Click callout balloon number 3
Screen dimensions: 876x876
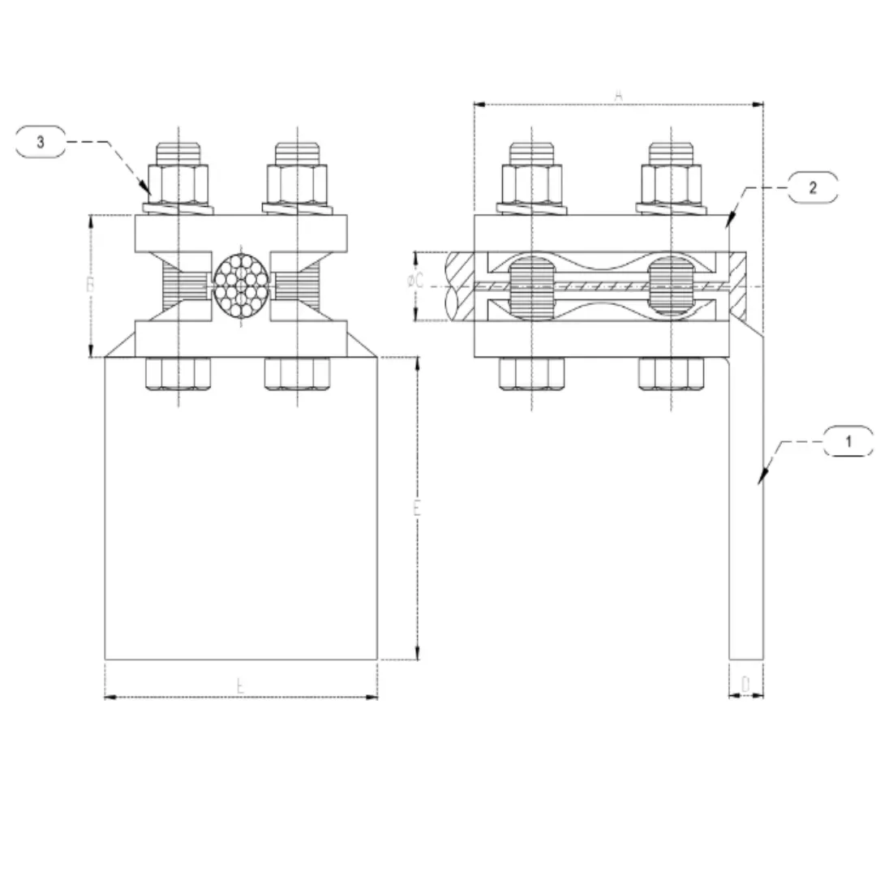(41, 142)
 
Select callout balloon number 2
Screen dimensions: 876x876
(813, 187)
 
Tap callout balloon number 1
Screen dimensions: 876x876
(848, 442)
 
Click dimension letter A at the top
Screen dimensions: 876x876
(618, 96)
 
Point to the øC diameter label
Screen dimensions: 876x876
(415, 281)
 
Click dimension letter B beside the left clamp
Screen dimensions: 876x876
(92, 286)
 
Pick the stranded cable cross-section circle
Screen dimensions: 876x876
(240, 286)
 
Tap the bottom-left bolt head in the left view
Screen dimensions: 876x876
(178, 372)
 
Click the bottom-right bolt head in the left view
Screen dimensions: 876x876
(298, 372)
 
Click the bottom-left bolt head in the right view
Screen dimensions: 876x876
(532, 372)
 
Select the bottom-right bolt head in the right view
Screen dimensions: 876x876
(672, 372)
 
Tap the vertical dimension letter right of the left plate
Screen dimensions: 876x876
(417, 509)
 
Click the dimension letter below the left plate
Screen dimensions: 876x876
(240, 686)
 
